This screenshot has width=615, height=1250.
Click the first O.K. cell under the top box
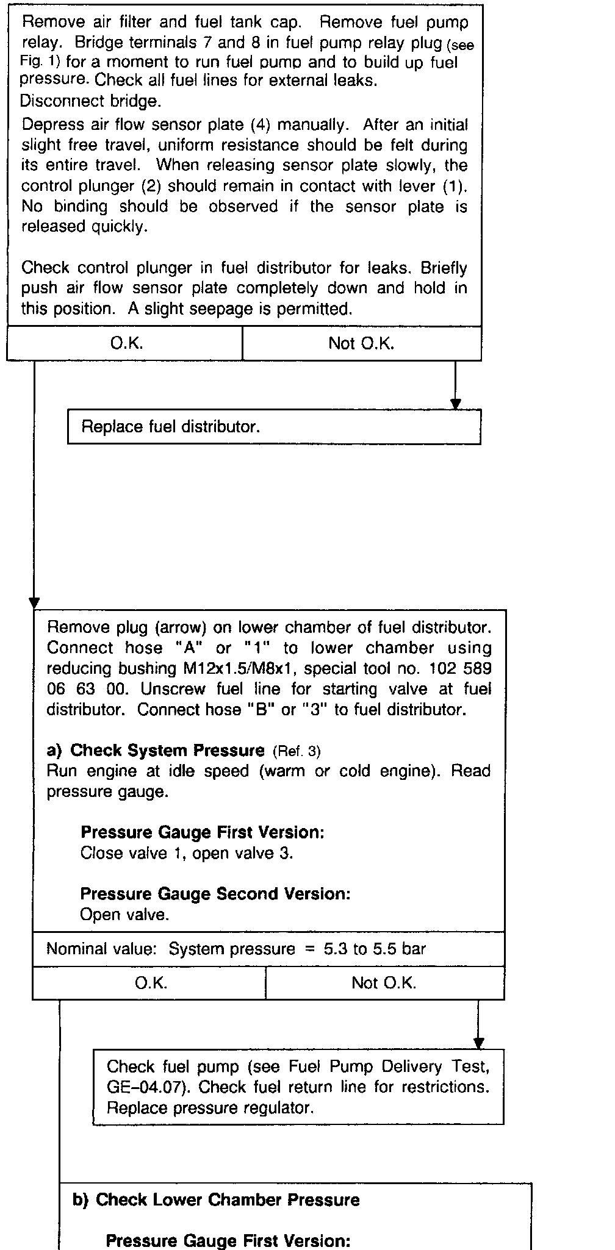point(126,343)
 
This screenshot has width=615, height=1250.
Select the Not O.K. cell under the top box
point(361,343)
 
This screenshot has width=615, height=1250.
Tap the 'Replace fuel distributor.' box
point(274,427)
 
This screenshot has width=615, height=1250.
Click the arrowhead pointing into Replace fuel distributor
point(455,404)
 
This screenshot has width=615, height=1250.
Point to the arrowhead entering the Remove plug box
point(34,603)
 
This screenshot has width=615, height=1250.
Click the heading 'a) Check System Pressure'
point(156,751)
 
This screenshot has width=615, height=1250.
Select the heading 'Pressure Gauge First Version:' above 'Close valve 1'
point(203,832)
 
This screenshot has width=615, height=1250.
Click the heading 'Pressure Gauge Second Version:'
point(215,894)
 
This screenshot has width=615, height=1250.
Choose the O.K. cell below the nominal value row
point(151,983)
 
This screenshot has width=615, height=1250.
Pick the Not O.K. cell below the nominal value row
point(384,983)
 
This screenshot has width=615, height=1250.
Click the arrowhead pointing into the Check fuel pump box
point(478,1043)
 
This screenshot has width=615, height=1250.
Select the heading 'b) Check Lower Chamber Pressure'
point(216,1200)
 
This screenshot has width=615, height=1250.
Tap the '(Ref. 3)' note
point(297,751)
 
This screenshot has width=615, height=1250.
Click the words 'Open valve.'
point(124,915)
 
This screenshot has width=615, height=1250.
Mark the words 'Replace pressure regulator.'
point(210,1108)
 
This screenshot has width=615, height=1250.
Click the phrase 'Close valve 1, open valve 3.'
point(187,853)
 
